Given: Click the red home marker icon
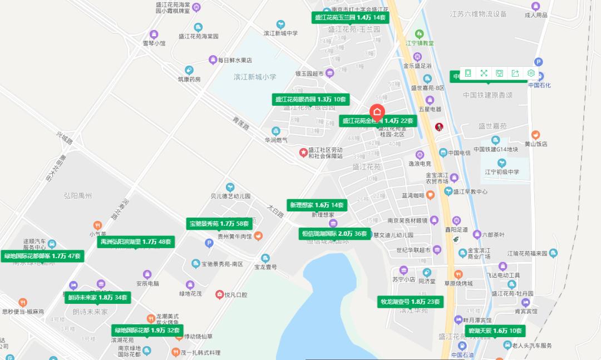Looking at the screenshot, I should pyautogui.click(x=377, y=111).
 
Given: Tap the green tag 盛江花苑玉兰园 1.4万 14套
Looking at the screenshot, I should pyautogui.click(x=350, y=18).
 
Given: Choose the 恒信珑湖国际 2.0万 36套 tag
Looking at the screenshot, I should pyautogui.click(x=334, y=234).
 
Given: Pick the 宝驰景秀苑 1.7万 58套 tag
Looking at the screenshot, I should pyautogui.click(x=219, y=224).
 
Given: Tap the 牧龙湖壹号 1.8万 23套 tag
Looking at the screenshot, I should pyautogui.click(x=410, y=302).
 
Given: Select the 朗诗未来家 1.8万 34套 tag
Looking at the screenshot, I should pyautogui.click(x=98, y=298).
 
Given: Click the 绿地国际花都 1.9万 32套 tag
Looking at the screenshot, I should pyautogui.click(x=147, y=330).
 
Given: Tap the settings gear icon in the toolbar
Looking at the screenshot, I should pyautogui.click(x=531, y=73).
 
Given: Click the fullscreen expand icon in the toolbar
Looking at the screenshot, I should pyautogui.click(x=484, y=73).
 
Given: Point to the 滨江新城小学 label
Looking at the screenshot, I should pyautogui.click(x=255, y=77).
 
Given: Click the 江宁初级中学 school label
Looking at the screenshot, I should pyautogui.click(x=501, y=172).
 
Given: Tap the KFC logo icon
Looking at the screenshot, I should pyautogui.click(x=439, y=127).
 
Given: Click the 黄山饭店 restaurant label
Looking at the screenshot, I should pyautogui.click(x=536, y=144).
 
